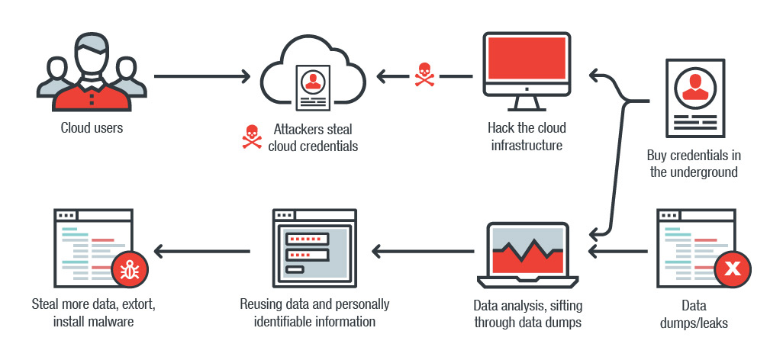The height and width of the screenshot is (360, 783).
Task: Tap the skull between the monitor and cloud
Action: click(x=424, y=76)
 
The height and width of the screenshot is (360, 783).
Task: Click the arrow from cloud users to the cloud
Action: click(x=202, y=76)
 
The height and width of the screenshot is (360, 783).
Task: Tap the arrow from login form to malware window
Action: click(x=202, y=249)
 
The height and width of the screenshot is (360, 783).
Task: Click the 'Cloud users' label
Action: click(x=92, y=127)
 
